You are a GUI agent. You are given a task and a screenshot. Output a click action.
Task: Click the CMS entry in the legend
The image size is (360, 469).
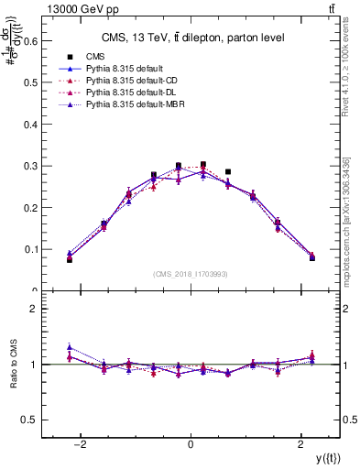(94, 57)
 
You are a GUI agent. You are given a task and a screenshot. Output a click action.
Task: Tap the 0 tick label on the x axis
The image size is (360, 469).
(191, 444)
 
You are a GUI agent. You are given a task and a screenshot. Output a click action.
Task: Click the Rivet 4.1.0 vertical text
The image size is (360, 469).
(353, 73)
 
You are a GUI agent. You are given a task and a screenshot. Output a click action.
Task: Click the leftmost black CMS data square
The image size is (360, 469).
(69, 260)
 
